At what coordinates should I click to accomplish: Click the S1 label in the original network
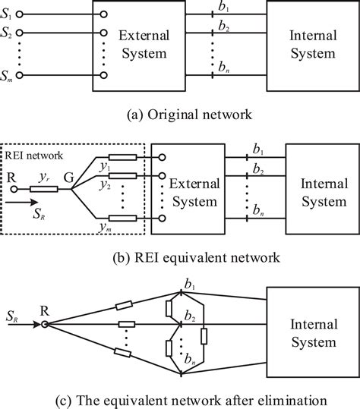tap(9, 14)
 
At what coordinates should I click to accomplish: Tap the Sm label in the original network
tap(9, 75)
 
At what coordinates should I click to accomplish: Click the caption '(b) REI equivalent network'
tap(181, 258)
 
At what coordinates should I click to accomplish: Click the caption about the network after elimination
tap(180, 398)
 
